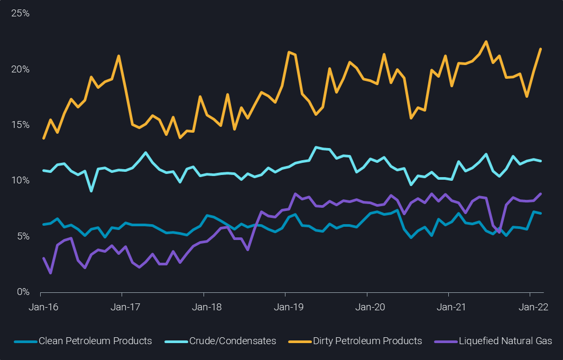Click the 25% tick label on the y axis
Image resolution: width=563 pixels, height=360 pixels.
[x=20, y=13]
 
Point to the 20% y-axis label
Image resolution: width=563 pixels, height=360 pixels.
[x=20, y=69]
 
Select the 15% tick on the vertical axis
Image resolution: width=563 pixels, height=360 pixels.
[x=20, y=125]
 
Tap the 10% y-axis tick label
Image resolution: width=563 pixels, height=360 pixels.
[x=20, y=180]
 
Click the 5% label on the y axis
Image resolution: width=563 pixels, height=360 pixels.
[x=22, y=236]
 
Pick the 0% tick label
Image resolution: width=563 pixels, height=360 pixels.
[x=22, y=292]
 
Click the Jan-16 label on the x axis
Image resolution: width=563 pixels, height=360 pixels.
[x=41, y=307]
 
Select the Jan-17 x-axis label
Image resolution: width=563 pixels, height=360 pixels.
[x=122, y=307]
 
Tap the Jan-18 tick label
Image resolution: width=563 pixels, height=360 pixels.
[x=204, y=307]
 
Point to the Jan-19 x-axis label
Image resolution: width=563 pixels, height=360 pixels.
[x=285, y=307]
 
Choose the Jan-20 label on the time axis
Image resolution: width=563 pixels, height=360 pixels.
[x=367, y=307]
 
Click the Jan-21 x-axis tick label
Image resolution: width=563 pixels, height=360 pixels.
[x=448, y=307]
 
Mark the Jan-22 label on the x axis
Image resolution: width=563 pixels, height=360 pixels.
[x=530, y=307]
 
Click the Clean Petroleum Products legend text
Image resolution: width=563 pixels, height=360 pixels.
[x=95, y=341]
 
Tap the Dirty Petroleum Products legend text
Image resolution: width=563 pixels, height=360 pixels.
[x=367, y=341]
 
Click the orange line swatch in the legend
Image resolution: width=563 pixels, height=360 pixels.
[x=299, y=341]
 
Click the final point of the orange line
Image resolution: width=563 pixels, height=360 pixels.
[x=540, y=49]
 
